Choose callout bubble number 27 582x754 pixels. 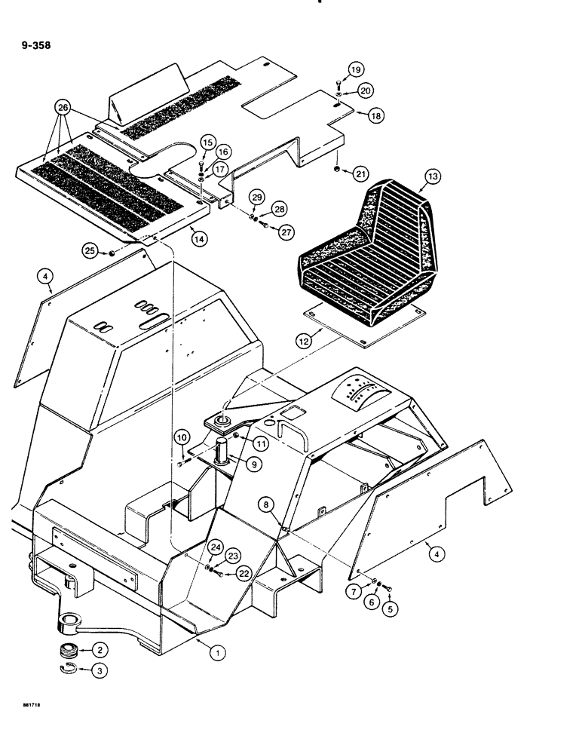tap(286, 232)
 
